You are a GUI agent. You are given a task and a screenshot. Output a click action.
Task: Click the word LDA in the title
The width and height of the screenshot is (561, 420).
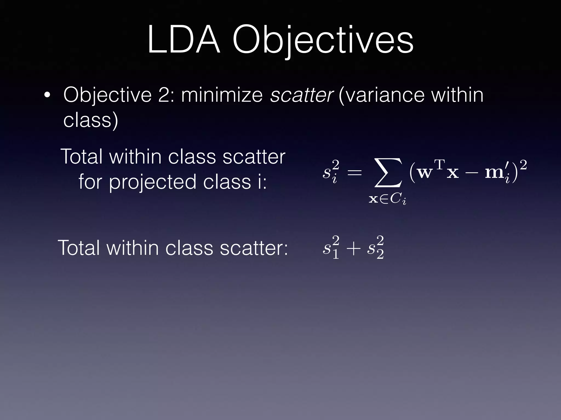(184, 40)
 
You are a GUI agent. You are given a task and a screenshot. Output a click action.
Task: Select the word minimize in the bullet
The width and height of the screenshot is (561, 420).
(222, 95)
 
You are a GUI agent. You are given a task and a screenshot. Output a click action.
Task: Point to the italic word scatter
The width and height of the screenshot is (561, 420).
(301, 95)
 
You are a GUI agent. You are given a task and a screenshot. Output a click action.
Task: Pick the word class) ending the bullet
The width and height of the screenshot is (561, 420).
(91, 120)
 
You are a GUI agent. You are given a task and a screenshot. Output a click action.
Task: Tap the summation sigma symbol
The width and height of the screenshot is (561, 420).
(388, 173)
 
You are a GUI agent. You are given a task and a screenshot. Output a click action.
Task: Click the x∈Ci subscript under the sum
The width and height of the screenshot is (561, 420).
(387, 199)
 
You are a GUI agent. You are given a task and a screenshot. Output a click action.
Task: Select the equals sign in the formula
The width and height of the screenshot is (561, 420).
(354, 173)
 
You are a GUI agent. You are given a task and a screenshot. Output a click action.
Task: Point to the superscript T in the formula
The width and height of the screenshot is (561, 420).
(439, 165)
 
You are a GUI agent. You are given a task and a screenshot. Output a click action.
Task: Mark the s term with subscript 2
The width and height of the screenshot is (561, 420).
(375, 248)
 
